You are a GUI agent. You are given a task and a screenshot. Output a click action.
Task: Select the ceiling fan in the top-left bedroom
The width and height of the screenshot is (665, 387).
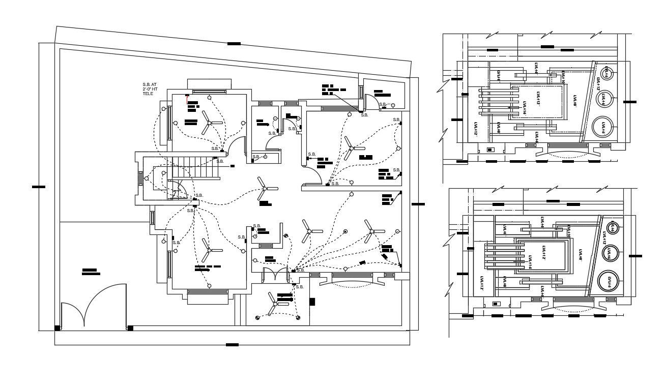point(208,123)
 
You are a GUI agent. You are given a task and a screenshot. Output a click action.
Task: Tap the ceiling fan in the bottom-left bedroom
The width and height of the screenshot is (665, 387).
point(208,250)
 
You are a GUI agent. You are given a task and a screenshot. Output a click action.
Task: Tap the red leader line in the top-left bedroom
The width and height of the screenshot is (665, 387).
point(187,95)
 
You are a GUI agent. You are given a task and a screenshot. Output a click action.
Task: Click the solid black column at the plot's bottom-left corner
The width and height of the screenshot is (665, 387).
point(57,328)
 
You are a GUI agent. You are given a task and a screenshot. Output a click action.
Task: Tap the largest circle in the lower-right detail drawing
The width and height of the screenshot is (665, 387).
point(608,282)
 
